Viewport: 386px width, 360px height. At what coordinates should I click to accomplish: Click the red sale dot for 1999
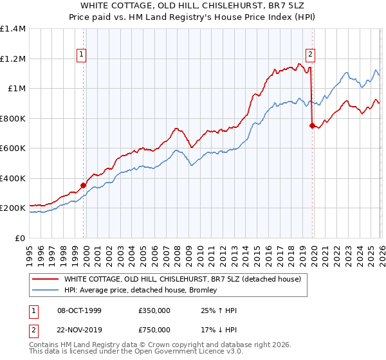[x=84, y=186]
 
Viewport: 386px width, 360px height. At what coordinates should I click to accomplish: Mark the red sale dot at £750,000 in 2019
[x=312, y=126]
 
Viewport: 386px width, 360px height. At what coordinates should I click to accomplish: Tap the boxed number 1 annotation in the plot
[x=82, y=55]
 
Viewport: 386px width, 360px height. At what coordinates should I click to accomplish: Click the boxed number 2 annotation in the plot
[x=310, y=55]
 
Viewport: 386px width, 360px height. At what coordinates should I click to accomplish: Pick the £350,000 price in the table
[x=154, y=310]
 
